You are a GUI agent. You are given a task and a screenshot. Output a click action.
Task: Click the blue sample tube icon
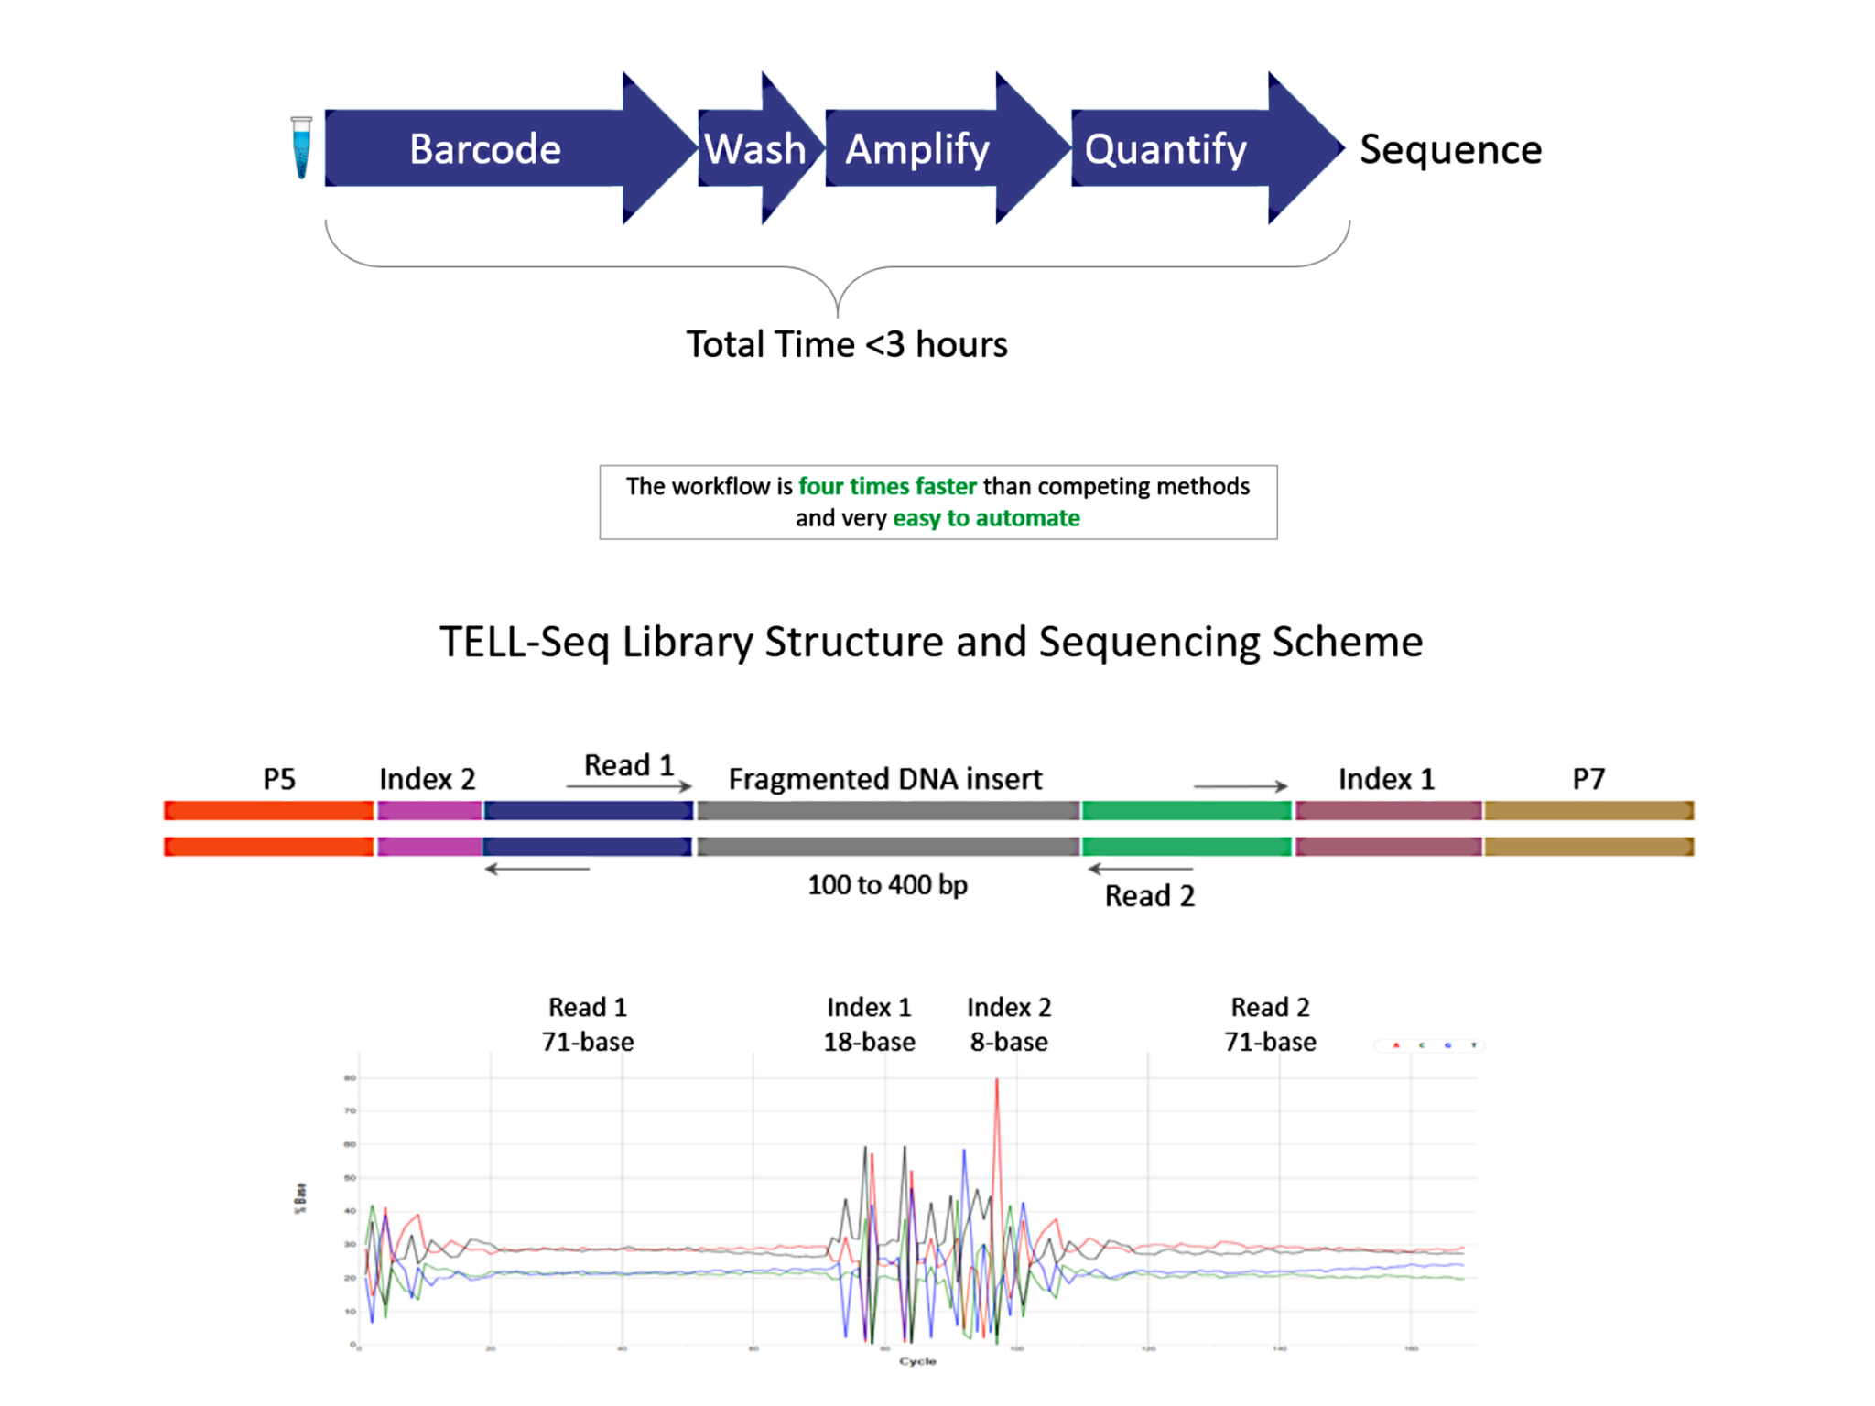pos(301,147)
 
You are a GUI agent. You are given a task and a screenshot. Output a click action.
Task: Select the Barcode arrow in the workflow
pos(485,148)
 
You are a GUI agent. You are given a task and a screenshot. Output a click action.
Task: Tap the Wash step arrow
pos(756,148)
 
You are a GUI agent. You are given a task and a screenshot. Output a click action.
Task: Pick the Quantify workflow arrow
pos(1165,148)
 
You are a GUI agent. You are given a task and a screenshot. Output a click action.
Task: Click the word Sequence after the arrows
pos(1450,149)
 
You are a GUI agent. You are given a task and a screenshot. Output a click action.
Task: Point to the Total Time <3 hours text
pos(847,344)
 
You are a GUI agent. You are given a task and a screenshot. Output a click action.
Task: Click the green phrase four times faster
pos(887,486)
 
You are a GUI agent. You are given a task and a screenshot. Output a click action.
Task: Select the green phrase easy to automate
pos(986,518)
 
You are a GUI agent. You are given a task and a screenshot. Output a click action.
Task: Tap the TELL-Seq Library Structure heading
pos(931,642)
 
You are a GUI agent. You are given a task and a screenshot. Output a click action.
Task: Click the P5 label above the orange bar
pos(279,779)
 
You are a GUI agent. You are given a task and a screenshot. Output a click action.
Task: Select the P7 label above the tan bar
pos(1588,779)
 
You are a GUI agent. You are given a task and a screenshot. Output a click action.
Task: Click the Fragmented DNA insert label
pos(885,779)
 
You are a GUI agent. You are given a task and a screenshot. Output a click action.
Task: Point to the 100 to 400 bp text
pos(887,885)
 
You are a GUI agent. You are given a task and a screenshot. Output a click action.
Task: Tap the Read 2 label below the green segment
pos(1150,895)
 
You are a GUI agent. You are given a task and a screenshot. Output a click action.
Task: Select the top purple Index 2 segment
pos(429,810)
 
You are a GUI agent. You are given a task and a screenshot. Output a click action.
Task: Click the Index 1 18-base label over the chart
pos(869,1024)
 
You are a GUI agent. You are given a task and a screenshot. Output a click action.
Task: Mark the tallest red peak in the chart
pos(997,1082)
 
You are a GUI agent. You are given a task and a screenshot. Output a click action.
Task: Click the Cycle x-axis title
pos(917,1361)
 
